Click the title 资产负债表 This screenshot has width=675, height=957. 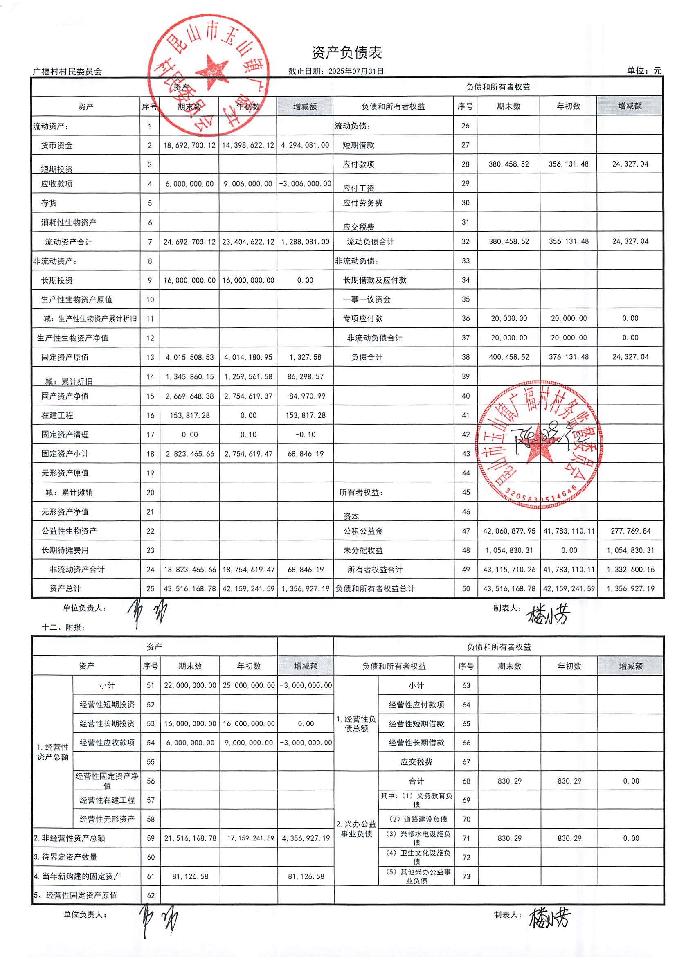[x=346, y=52]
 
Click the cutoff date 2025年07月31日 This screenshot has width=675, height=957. [x=356, y=71]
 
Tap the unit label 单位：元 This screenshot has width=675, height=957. [x=644, y=71]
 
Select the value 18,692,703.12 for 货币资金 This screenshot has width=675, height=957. [x=189, y=146]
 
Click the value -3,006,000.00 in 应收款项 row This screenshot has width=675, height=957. [x=306, y=184]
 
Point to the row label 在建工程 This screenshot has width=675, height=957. [x=57, y=415]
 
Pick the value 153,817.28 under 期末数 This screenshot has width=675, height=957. [x=189, y=415]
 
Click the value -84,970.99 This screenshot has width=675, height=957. [x=306, y=396]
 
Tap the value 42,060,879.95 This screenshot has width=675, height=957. [x=509, y=531]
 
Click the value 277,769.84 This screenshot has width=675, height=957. [x=630, y=531]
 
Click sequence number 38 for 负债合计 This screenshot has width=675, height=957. [x=466, y=357]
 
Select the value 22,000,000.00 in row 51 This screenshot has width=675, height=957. [x=190, y=685]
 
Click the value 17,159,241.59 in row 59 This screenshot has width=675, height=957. [x=250, y=838]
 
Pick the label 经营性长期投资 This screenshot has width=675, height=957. [x=107, y=724]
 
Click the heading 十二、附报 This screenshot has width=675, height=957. [x=63, y=627]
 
